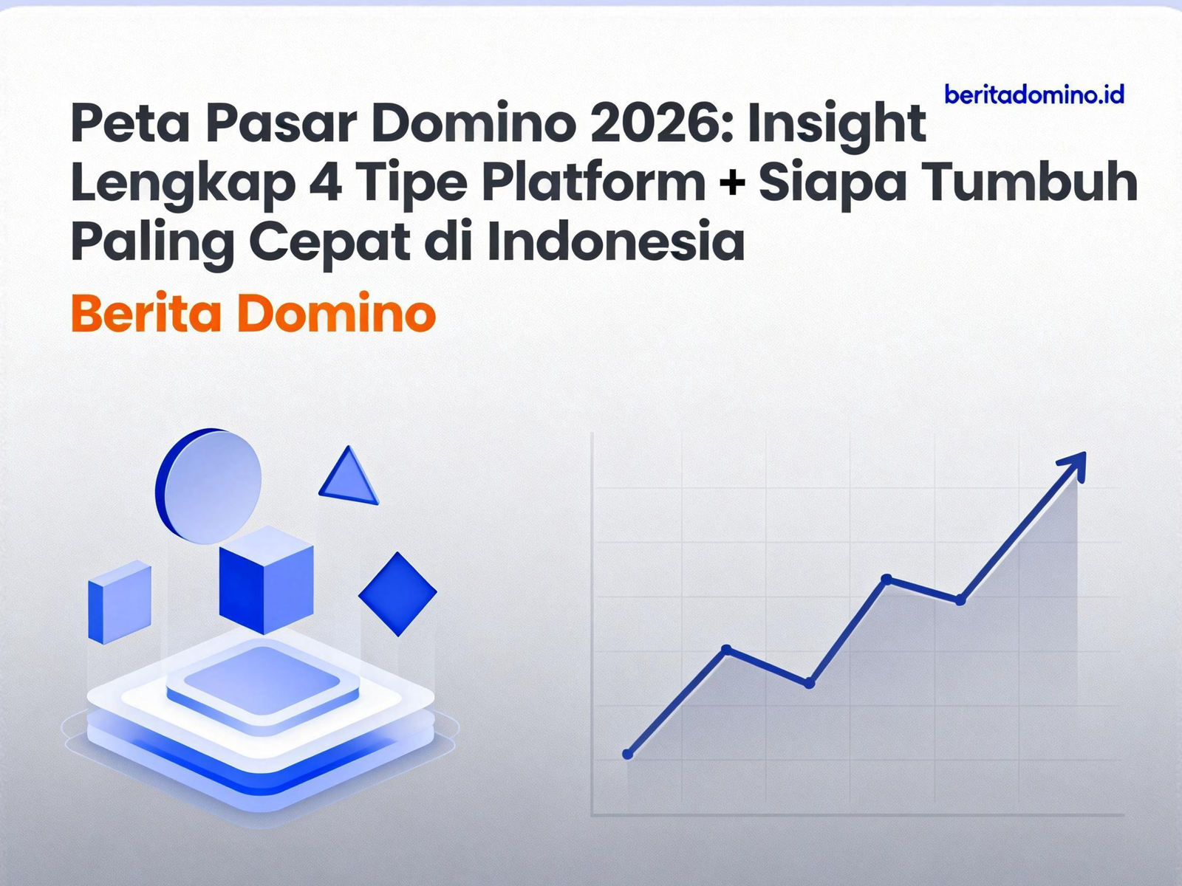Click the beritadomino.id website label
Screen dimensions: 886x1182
click(1034, 95)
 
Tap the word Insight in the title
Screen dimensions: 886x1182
click(836, 124)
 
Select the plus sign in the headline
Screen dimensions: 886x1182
click(732, 182)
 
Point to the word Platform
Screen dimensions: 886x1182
click(594, 182)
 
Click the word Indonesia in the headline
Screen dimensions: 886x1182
click(616, 241)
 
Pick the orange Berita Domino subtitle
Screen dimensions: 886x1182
click(253, 313)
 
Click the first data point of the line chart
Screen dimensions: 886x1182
click(628, 754)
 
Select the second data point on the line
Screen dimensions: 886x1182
click(726, 649)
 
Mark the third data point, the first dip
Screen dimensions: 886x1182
click(810, 684)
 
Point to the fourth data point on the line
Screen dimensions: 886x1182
click(886, 578)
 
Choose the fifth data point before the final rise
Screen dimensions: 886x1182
click(960, 600)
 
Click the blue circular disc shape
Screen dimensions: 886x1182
click(209, 486)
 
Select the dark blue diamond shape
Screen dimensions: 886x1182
click(397, 593)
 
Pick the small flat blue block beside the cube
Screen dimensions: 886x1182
click(119, 601)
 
